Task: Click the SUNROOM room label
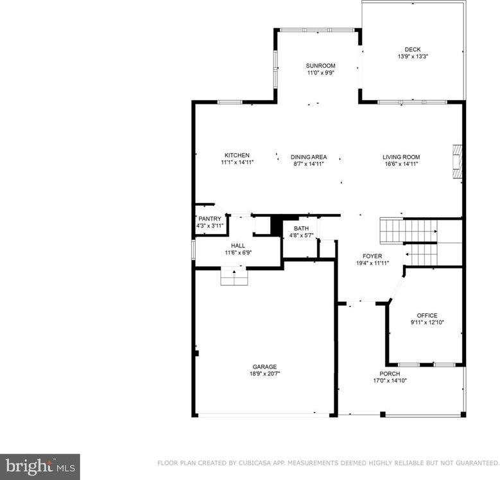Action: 320,65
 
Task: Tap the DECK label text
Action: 412,49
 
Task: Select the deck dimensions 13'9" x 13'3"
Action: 412,56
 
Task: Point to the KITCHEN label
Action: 237,155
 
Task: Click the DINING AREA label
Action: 309,157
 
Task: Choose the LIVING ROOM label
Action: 401,157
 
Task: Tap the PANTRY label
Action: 209,219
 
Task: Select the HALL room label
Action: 238,245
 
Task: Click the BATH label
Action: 301,229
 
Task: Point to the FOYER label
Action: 372,256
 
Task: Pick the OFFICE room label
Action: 427,315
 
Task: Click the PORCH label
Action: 390,374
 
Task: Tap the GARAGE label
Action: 264,367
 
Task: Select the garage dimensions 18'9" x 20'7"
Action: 264,374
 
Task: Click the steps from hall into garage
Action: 234,277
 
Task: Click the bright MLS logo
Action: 40,467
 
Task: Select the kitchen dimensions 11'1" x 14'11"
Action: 237,162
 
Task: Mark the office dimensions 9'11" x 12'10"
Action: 427,322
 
